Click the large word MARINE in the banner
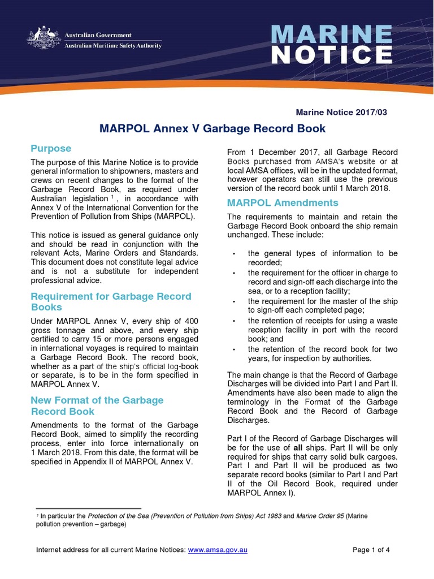(332, 36)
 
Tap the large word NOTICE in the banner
(332, 55)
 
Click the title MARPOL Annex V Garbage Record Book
(212, 128)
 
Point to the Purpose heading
(51, 149)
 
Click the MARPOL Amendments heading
(283, 202)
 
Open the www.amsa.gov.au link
(218, 550)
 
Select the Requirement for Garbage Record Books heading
(111, 302)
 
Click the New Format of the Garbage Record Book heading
(97, 405)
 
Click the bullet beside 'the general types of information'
(234, 254)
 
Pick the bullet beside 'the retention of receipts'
(234, 321)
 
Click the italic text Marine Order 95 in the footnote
(322, 516)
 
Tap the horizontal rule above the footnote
(88, 508)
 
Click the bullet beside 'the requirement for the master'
(234, 301)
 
